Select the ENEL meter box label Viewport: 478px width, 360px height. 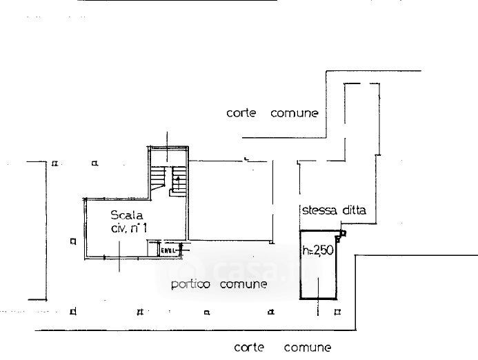coord(168,250)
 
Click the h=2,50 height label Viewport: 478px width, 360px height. coord(318,251)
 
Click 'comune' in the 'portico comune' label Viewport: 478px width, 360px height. coord(243,284)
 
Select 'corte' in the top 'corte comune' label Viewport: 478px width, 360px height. coord(241,113)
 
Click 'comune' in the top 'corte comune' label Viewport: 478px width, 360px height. coord(295,113)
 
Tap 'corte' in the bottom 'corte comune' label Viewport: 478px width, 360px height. coord(248,347)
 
